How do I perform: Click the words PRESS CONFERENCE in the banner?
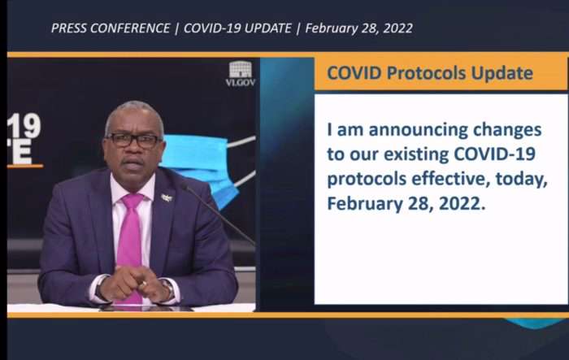pos(111,28)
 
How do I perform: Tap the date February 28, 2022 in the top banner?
pos(359,28)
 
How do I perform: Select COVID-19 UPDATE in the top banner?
pos(237,28)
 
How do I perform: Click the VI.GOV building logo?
pos(241,74)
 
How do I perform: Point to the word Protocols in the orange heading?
pos(426,73)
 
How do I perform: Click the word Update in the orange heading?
pos(502,73)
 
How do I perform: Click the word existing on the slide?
pos(416,154)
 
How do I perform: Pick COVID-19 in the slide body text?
pos(494,154)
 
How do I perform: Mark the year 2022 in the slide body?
pos(462,203)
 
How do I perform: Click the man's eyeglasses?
pos(133,141)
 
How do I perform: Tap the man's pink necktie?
pos(130,247)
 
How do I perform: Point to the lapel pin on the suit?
pos(167,197)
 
